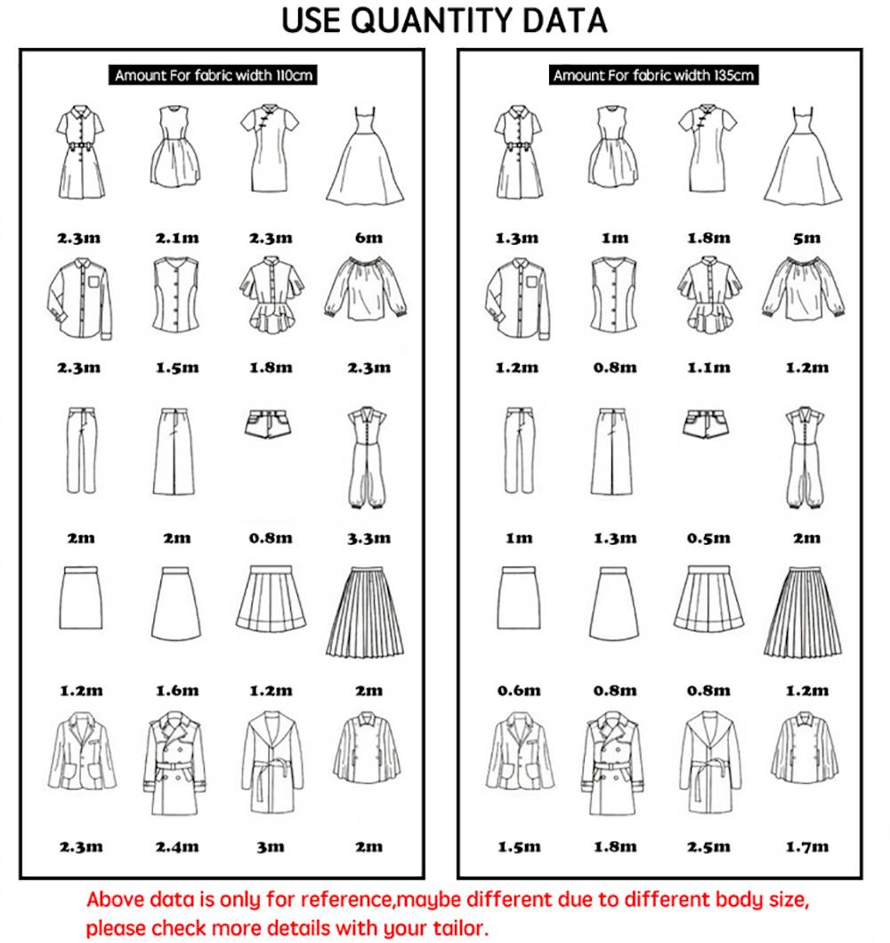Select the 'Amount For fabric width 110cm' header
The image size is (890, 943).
(213, 75)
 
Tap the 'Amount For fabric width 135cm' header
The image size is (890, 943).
(653, 75)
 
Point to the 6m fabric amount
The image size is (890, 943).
(368, 238)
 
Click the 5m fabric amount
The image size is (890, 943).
(806, 238)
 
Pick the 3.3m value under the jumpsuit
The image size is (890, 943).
(368, 538)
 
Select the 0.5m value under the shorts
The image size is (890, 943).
(708, 538)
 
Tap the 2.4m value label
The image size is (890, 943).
(177, 847)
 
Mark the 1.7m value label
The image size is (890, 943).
(806, 847)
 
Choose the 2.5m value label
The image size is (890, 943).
(708, 847)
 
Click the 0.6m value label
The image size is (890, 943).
(519, 691)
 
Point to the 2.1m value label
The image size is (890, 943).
(177, 238)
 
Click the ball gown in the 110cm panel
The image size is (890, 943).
(366, 156)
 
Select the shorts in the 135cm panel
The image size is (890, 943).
(706, 423)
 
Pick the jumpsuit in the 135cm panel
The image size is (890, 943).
(804, 457)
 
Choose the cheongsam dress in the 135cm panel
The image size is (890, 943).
(708, 148)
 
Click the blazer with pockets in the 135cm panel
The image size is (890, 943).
(520, 752)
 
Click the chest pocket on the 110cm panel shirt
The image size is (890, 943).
(93, 281)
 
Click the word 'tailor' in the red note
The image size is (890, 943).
(460, 927)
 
